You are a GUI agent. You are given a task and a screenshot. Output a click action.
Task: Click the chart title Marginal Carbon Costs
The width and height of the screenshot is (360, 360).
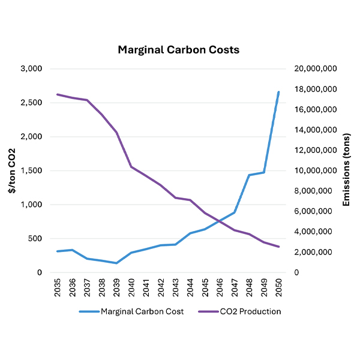coord(179,50)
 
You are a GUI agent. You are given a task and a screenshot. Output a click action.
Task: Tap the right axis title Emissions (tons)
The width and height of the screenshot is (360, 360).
coord(346,171)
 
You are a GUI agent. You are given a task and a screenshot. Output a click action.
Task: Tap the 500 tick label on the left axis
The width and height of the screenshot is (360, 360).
coord(35,239)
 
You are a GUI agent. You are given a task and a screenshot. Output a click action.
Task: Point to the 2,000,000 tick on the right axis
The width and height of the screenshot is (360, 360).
coord(319,252)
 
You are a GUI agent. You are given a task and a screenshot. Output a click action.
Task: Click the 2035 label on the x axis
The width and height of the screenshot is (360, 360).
coord(58,286)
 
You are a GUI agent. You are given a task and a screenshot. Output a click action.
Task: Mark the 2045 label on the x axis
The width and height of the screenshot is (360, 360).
coord(205,286)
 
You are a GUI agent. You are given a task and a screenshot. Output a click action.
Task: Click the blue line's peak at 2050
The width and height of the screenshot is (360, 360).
coord(278,92)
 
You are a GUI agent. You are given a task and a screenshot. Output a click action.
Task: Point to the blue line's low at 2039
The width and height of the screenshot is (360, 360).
coord(116,263)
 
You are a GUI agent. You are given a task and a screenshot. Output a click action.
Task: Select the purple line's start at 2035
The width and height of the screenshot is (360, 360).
coord(58,94)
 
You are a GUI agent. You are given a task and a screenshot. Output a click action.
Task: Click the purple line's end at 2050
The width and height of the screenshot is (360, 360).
coord(278,247)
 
